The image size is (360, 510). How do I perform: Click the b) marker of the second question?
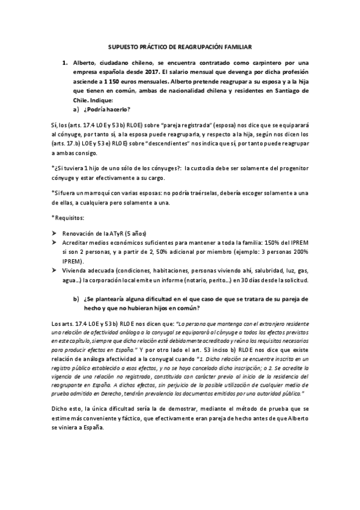pos(76,299)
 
